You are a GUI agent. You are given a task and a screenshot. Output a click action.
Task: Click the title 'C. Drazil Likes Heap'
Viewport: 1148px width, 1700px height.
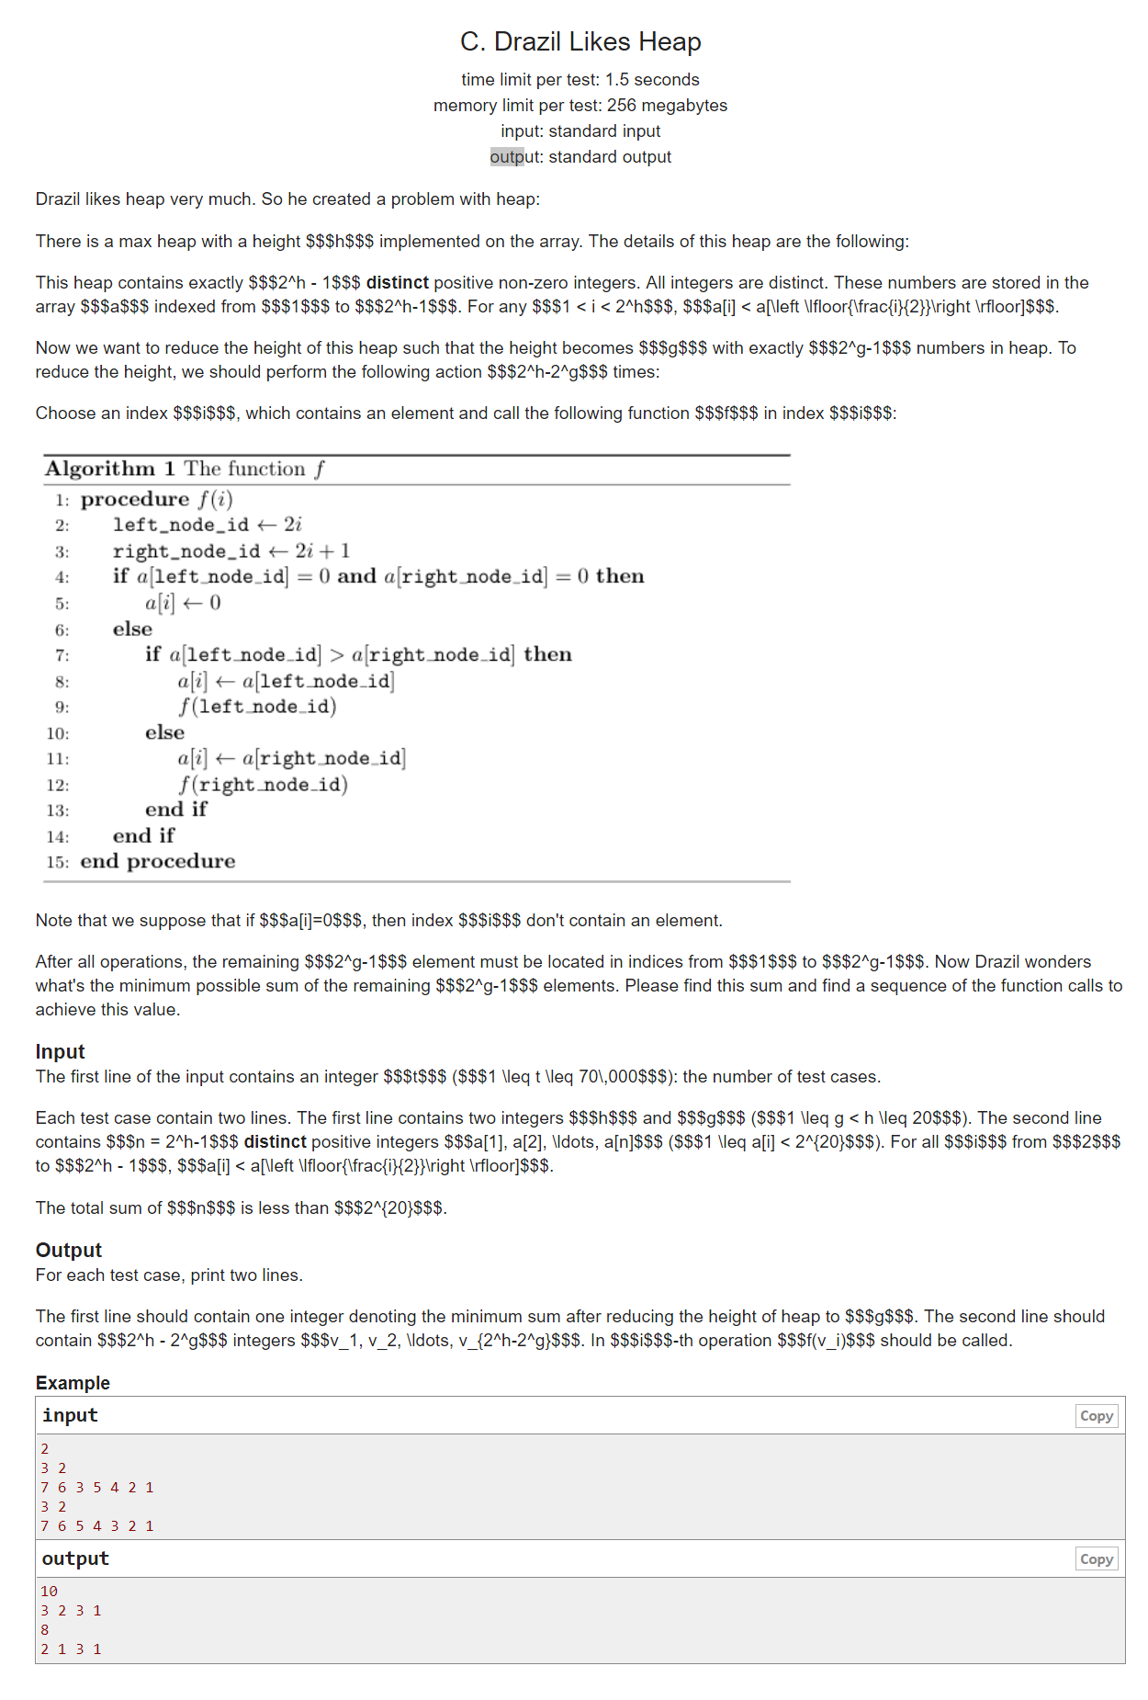click(x=580, y=42)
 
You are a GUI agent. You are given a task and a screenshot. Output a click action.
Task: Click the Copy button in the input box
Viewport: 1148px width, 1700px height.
click(x=1096, y=1416)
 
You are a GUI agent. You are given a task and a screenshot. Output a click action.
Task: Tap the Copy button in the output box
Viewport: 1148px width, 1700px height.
click(x=1096, y=1559)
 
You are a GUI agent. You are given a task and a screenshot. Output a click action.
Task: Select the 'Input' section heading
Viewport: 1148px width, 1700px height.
click(x=60, y=1052)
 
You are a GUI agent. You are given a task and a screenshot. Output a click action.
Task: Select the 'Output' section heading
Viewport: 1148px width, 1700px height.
click(x=68, y=1251)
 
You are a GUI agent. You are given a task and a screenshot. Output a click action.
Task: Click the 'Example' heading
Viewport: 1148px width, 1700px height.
click(x=73, y=1383)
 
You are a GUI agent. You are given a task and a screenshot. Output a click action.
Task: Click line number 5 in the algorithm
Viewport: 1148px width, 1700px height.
click(x=62, y=605)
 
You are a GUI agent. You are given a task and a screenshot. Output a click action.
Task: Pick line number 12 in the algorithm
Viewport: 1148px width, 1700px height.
click(x=58, y=786)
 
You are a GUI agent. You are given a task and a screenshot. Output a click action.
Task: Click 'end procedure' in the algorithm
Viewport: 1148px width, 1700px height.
click(x=157, y=862)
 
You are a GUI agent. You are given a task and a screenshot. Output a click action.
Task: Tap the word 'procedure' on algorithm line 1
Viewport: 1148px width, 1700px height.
click(x=135, y=500)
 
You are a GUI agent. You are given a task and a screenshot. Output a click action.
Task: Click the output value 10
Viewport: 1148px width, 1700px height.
click(x=49, y=1592)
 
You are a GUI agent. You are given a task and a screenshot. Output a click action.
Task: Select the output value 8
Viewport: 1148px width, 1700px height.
click(x=44, y=1630)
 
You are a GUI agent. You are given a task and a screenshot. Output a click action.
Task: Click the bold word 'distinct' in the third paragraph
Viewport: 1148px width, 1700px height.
click(x=397, y=283)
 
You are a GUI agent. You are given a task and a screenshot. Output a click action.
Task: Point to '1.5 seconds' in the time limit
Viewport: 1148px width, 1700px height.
click(x=652, y=80)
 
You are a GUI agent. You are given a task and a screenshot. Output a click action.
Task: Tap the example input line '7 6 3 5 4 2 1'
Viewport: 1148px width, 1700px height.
click(x=96, y=1488)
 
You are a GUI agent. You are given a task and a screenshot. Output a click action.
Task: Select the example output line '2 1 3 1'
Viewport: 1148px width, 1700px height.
click(x=71, y=1649)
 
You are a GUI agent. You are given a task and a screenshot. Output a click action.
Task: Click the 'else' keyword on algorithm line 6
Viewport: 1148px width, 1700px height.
click(x=132, y=629)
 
